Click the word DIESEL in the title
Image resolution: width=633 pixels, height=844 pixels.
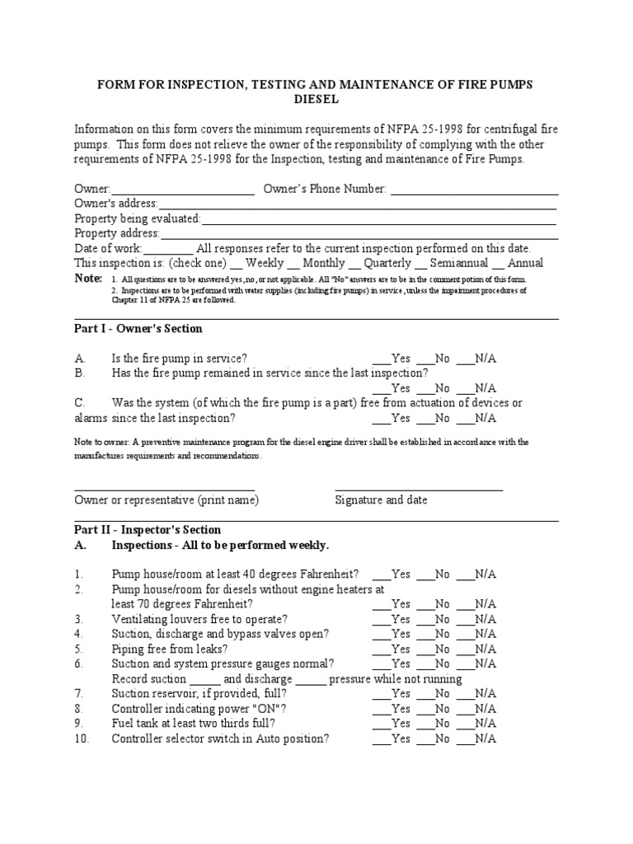click(316, 100)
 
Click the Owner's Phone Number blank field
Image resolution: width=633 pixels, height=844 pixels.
click(474, 190)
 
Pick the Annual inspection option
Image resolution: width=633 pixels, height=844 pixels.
click(498, 265)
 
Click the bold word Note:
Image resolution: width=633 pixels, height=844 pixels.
click(88, 279)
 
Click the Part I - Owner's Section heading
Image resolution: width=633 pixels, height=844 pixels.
click(138, 329)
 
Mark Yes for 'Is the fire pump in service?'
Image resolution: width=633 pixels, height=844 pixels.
click(381, 359)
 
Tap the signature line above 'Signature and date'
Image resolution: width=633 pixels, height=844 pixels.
click(419, 488)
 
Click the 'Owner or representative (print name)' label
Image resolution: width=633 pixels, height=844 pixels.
click(166, 500)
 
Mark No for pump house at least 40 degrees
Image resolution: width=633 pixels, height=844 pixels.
click(424, 574)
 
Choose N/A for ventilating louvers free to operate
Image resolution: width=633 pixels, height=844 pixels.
click(464, 619)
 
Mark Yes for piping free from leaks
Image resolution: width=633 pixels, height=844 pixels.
click(381, 649)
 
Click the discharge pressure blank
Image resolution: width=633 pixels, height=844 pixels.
click(311, 679)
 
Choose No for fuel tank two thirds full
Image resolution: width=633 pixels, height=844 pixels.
click(424, 724)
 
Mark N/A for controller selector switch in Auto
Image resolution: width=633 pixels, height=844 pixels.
click(464, 738)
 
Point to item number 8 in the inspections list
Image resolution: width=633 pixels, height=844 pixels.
click(79, 709)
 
